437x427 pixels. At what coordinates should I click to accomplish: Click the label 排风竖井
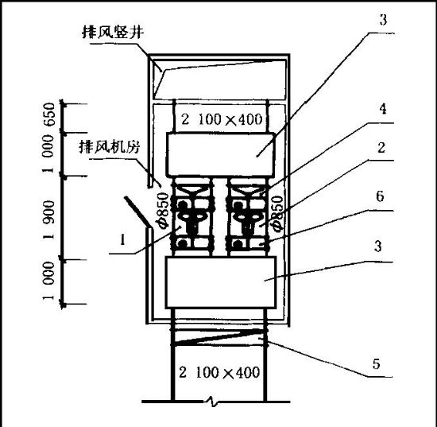coord(113,32)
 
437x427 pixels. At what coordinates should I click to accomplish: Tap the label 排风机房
coord(109,146)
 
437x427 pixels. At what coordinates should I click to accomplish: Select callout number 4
coord(383,109)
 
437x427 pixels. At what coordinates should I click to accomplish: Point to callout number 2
coord(381,148)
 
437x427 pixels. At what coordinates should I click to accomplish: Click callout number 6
coord(380,196)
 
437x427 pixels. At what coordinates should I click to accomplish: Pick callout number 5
coord(377,364)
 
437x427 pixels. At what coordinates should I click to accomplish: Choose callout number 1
coord(122,239)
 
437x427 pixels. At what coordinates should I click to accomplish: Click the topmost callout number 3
coord(383,20)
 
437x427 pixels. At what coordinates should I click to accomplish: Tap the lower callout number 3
coord(377,246)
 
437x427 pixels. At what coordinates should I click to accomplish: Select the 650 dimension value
coord(49,115)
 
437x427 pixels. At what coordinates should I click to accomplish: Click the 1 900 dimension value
coord(49,219)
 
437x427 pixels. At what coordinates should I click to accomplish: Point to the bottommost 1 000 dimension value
coord(48,281)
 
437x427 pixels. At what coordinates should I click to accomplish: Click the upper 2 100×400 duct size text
coord(222,119)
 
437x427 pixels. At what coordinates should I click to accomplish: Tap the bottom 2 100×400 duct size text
coord(219,372)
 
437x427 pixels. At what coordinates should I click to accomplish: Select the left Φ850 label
coord(163,211)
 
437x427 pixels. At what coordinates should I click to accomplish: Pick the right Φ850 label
coord(278,213)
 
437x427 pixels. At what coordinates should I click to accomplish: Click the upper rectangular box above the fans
coord(220,155)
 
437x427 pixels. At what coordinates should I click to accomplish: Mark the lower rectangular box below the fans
coord(221,282)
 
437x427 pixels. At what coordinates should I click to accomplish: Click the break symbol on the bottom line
coord(213,402)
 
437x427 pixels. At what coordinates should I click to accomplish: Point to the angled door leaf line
coord(137,212)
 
